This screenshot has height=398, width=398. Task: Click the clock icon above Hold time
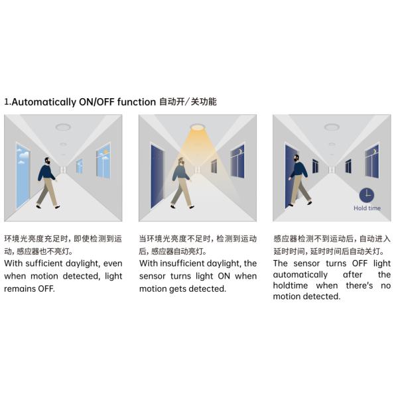tap(367, 196)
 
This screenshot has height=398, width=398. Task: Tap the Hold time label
tap(367, 208)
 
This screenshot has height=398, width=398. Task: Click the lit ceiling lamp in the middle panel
tap(197, 127)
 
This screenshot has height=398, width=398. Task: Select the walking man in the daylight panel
tap(48, 183)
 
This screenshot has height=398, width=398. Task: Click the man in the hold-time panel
tap(300, 180)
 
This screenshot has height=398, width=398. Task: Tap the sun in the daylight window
tap(106, 151)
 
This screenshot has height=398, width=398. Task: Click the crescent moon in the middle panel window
tap(240, 151)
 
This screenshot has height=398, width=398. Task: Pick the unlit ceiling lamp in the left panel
tap(63, 127)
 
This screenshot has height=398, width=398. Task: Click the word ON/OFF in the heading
tap(96, 102)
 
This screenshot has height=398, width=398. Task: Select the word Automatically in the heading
tap(44, 102)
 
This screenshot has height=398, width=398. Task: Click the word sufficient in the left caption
tap(44, 263)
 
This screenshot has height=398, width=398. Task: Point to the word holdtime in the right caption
tap(290, 285)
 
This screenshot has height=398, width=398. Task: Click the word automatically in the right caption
tap(300, 275)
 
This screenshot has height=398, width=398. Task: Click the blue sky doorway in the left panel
tap(23, 176)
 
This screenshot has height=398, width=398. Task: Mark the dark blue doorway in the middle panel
tap(157, 176)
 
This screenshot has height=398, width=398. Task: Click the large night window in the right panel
tap(372, 162)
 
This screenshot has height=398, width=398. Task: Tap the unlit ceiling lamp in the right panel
tap(332, 127)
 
